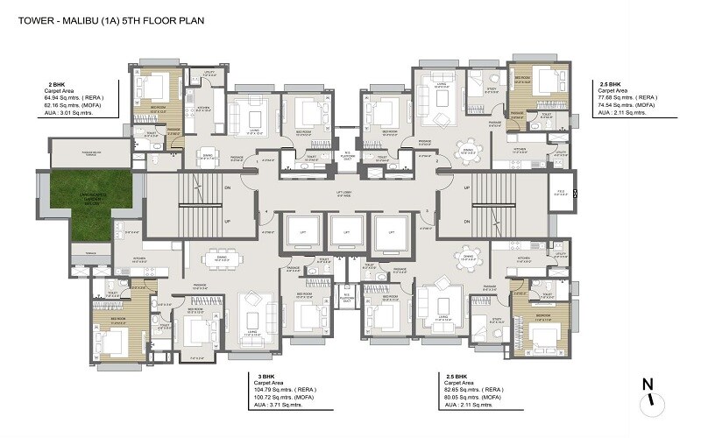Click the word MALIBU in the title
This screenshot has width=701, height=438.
pyautogui.click(x=68, y=14)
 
